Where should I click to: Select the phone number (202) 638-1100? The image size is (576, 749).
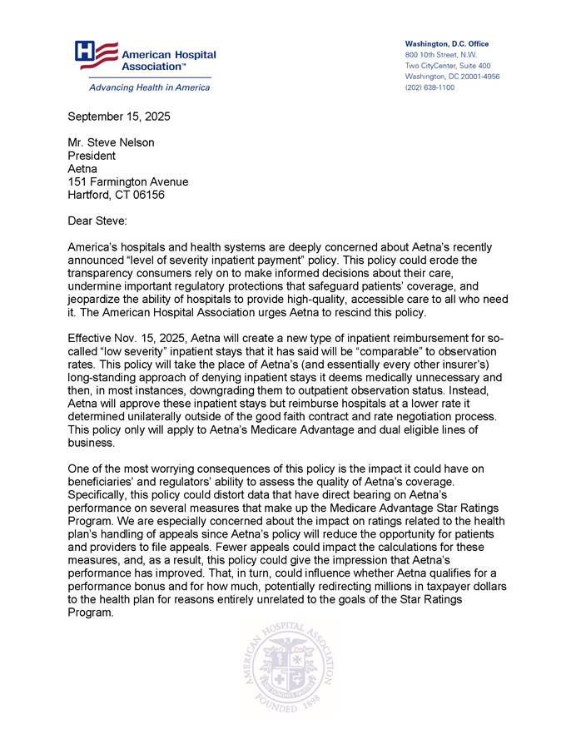coord(430,87)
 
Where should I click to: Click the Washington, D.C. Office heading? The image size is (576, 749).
coord(446,43)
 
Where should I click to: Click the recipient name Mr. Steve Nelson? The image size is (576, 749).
coord(111,142)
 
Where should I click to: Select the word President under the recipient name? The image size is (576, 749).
coord(92,156)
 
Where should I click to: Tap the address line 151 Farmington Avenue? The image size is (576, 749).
coord(127,181)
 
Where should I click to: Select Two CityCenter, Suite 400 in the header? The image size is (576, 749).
coord(447,66)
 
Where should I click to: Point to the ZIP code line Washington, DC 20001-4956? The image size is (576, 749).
coord(452,77)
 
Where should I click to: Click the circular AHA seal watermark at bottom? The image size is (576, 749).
coord(288,667)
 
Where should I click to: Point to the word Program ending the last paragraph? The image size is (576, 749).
coord(89,612)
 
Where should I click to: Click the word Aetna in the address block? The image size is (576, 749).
coord(82,169)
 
